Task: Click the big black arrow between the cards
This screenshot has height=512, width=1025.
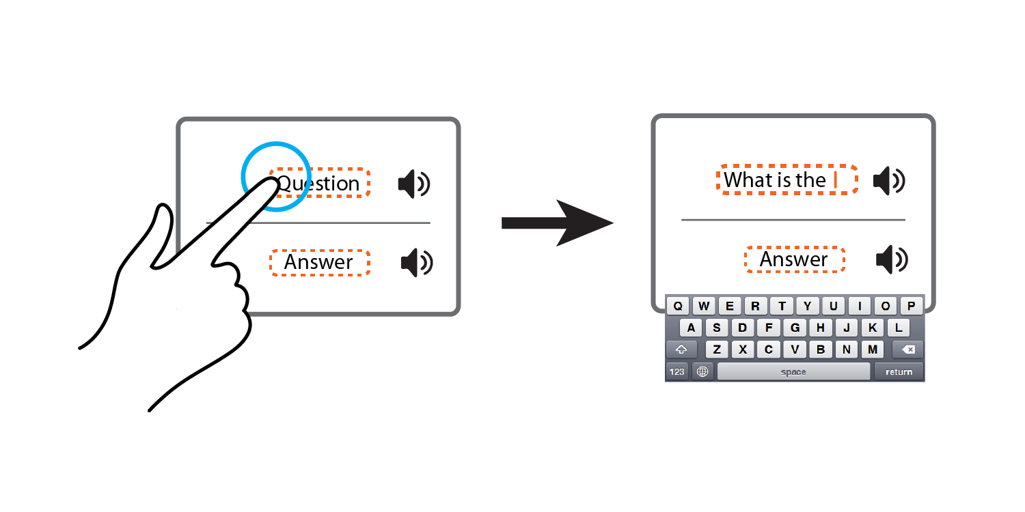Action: tap(558, 223)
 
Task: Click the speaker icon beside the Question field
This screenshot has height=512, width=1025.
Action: tap(414, 184)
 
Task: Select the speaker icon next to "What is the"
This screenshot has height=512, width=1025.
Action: tap(889, 181)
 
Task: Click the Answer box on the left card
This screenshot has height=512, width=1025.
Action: tap(320, 262)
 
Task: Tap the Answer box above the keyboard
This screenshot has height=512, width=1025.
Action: tap(795, 259)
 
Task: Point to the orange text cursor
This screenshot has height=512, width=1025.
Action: tap(836, 180)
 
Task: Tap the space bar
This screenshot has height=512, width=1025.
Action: tap(793, 371)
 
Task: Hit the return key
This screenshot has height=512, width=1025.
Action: tap(899, 371)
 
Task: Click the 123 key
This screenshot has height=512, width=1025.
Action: tap(676, 371)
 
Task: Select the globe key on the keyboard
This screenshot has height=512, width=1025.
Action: tap(702, 371)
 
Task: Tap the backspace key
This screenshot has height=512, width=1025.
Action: tap(907, 350)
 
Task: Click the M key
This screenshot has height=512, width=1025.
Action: tap(873, 350)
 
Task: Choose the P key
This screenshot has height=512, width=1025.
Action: tap(911, 306)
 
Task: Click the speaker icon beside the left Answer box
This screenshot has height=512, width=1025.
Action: tap(417, 262)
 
